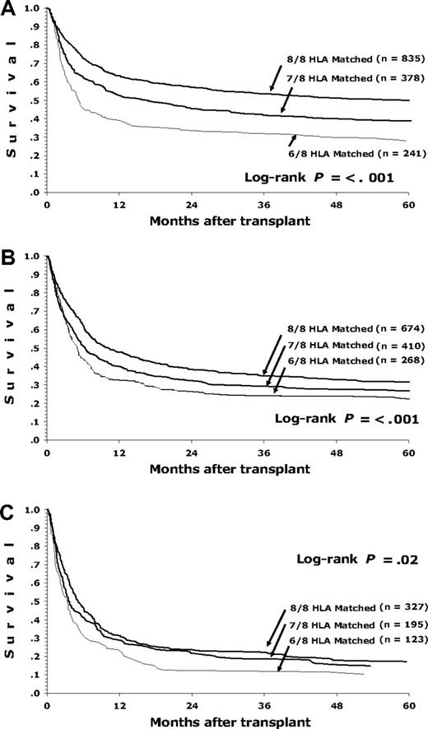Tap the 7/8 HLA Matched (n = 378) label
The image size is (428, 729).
coord(356,82)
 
